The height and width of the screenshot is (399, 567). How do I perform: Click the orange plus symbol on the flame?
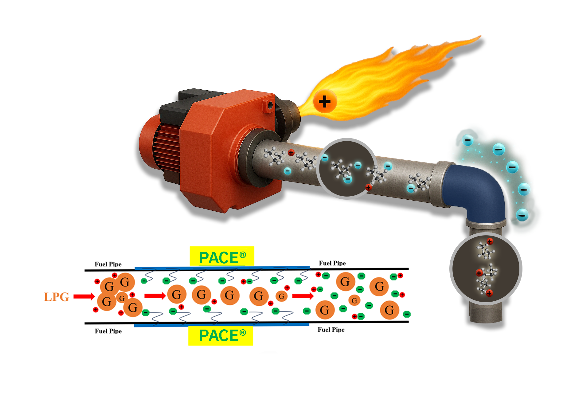click(x=325, y=101)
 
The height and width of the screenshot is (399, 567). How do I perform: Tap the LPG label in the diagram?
click(x=57, y=297)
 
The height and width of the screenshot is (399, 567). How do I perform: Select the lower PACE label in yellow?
click(x=221, y=335)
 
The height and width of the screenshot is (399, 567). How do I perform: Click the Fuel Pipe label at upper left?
click(x=108, y=264)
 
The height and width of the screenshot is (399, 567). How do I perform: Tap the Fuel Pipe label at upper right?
click(x=332, y=263)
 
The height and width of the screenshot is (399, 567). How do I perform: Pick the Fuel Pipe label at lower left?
click(x=108, y=331)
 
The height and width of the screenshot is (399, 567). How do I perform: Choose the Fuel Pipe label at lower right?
click(x=331, y=330)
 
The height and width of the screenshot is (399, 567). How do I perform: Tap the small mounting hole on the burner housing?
click(x=270, y=106)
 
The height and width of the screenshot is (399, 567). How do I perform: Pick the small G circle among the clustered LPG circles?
click(x=122, y=298)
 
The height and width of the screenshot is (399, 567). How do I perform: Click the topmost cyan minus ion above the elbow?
click(x=467, y=141)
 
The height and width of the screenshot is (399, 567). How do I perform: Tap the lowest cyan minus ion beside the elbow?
click(x=522, y=214)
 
